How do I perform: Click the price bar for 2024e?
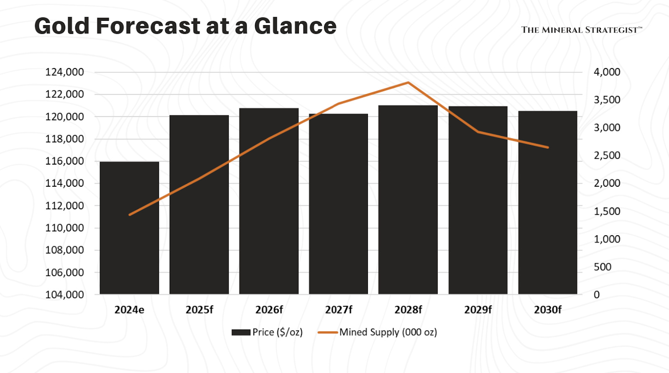click(129, 228)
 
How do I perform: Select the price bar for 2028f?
click(408, 200)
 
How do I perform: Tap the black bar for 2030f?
click(548, 203)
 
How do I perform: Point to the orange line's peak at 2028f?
click(408, 83)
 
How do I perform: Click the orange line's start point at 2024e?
click(130, 215)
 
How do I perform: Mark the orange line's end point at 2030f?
click(548, 147)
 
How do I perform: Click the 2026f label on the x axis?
click(269, 310)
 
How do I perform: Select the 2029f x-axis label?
click(478, 310)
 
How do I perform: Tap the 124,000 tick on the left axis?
click(64, 72)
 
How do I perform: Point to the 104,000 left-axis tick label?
click(64, 295)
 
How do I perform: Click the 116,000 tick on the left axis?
click(64, 161)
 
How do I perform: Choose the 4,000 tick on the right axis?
click(607, 72)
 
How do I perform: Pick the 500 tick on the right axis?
click(603, 267)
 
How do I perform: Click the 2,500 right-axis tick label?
click(607, 155)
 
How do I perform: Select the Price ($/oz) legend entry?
click(267, 332)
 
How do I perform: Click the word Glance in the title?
click(295, 26)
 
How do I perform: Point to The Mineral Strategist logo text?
click(581, 30)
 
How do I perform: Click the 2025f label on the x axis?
click(199, 310)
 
